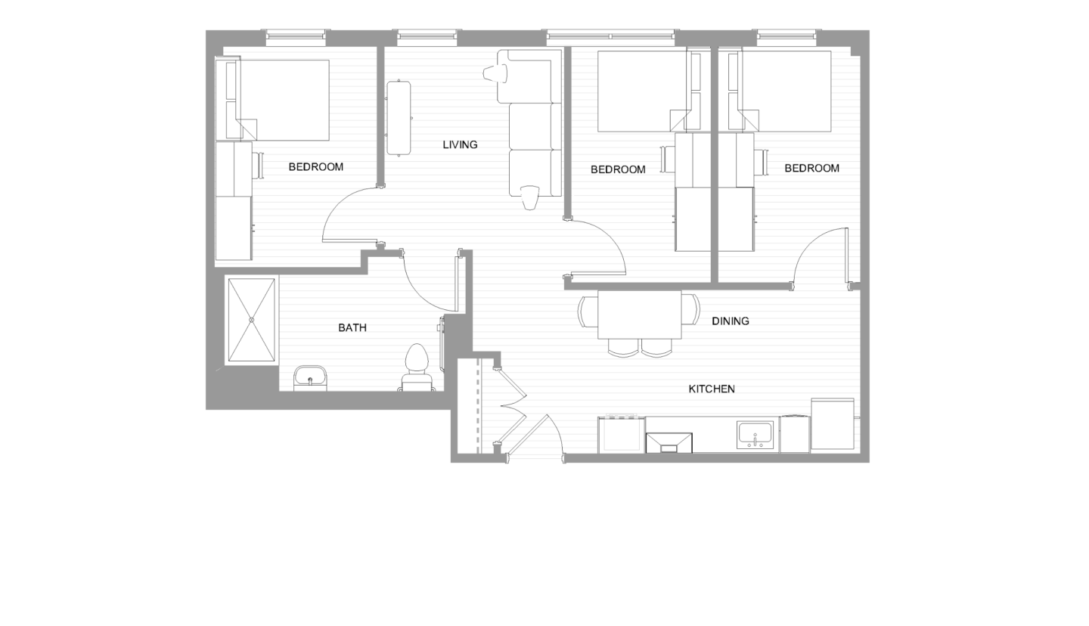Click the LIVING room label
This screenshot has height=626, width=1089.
tap(460, 144)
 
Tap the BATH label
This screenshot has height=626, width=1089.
tap(352, 327)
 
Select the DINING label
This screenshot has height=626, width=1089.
tap(730, 321)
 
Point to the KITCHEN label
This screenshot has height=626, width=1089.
tap(711, 389)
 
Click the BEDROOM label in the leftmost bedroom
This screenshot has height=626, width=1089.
tap(315, 167)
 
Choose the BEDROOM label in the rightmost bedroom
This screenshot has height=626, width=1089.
tap(811, 168)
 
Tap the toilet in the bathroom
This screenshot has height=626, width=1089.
tap(417, 366)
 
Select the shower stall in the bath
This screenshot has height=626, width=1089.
tap(251, 320)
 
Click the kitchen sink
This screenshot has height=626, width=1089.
tap(755, 435)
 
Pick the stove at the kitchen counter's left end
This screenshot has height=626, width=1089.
tap(621, 435)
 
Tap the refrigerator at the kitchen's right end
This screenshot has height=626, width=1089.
tap(832, 424)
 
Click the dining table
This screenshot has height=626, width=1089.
tap(639, 315)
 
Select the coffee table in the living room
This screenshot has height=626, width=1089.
tap(399, 118)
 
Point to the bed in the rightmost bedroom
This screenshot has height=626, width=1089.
tap(786, 91)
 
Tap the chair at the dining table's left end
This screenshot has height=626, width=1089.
tap(587, 311)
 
